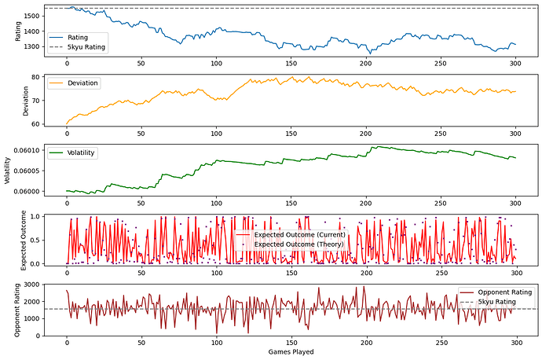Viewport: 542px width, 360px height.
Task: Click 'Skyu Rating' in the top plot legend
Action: pos(86,47)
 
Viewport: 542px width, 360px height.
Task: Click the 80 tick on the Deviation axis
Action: pos(36,77)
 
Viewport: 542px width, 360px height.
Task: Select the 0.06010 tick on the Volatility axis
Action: pos(27,150)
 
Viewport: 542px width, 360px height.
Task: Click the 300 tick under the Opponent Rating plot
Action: pos(515,343)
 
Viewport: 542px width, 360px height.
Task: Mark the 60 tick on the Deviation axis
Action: pos(36,123)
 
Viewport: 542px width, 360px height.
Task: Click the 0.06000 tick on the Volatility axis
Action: pos(27,191)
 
